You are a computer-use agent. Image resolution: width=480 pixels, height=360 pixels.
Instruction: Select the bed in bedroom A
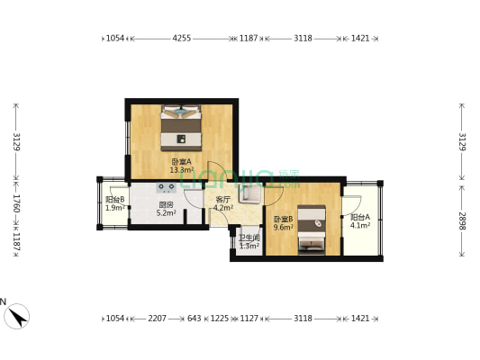tap(182, 128)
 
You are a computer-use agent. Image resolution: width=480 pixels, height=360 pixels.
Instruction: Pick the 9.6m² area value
tap(283, 228)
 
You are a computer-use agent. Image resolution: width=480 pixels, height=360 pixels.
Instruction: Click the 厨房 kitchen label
tap(166, 204)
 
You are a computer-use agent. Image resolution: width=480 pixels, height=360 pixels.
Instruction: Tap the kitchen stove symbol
tap(167, 188)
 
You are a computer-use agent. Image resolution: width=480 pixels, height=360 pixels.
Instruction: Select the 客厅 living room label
tap(222, 199)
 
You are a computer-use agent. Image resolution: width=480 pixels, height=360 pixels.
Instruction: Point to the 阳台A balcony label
tap(360, 218)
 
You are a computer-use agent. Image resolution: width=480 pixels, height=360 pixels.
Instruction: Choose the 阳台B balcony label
tap(115, 200)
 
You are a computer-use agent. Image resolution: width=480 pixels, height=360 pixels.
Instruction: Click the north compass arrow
tap(17, 316)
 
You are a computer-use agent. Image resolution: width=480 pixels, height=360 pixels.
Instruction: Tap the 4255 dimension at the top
tap(181, 39)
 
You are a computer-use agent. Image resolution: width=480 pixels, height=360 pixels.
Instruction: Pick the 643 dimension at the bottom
tap(195, 318)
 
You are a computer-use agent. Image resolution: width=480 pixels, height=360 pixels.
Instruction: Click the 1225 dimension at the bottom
tap(220, 318)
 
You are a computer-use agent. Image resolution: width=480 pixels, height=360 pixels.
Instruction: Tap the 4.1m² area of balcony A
tap(360, 227)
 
